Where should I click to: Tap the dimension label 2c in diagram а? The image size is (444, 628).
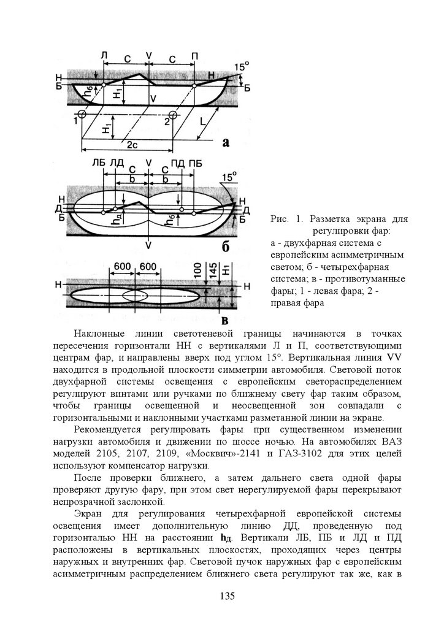[x=131, y=146]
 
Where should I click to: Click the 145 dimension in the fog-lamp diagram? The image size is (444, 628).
[x=212, y=274]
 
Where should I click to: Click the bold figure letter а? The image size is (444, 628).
[x=225, y=143]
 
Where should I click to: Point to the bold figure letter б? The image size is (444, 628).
[x=225, y=246]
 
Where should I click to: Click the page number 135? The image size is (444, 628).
[x=227, y=595]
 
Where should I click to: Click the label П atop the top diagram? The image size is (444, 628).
[x=194, y=56]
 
